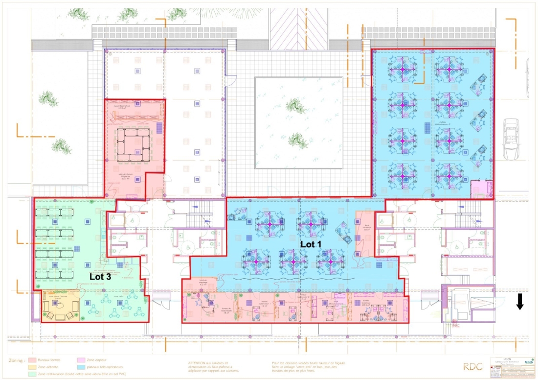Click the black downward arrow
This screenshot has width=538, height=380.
pyautogui.click(x=520, y=302)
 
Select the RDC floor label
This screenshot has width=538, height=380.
pyautogui.click(x=473, y=366)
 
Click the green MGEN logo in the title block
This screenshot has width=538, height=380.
pyautogui.click(x=524, y=361)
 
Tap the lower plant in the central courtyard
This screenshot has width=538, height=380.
pyautogui.click(x=296, y=141)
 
